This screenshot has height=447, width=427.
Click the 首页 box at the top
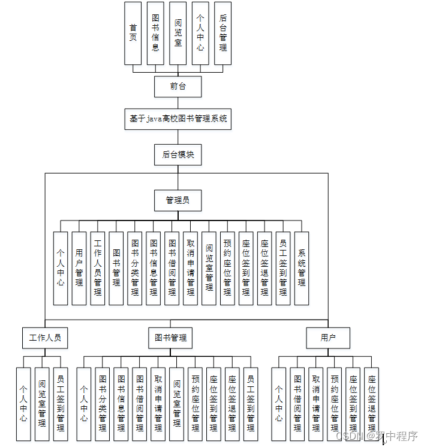tap(133, 33)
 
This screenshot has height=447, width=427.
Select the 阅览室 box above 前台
tap(178, 33)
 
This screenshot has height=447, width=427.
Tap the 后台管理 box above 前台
tap(222, 33)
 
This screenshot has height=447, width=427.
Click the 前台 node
tap(178, 87)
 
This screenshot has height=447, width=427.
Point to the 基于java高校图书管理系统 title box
tap(178, 119)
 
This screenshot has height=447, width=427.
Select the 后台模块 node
tap(178, 154)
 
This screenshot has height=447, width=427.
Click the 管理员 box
tap(178, 200)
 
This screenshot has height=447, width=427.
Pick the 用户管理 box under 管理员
tap(79, 268)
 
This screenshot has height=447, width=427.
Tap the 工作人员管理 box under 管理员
tap(98, 268)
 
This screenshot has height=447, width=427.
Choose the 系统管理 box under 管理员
tap(302, 268)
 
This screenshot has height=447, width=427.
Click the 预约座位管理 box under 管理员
tap(227, 268)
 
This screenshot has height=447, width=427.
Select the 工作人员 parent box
tap(45, 338)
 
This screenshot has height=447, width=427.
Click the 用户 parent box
tap(327, 338)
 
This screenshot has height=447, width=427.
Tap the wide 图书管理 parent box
tap(170, 338)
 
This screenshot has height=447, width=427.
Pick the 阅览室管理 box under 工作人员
tap(42, 403)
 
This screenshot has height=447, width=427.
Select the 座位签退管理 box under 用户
tap(372, 403)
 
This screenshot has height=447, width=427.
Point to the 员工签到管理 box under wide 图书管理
tap(251, 403)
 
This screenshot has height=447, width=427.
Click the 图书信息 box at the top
tap(155, 33)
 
